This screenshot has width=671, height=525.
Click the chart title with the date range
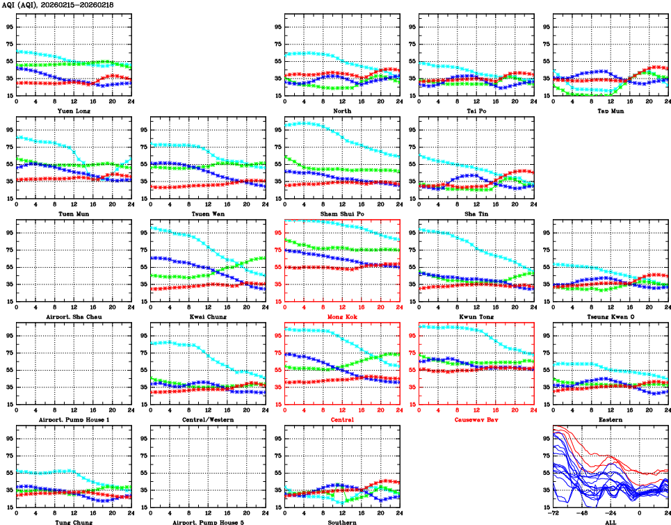point(58,5)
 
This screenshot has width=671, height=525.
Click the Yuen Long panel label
point(74,111)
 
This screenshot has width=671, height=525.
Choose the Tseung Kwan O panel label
point(610,316)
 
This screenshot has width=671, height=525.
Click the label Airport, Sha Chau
point(74,316)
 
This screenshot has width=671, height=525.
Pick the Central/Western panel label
point(207,420)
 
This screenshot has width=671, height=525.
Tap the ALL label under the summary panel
point(610,522)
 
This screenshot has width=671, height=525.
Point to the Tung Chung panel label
point(74,522)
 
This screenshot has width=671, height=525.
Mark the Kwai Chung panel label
point(207,316)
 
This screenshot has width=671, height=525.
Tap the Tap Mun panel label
point(610,111)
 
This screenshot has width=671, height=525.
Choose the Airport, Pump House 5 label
point(207,522)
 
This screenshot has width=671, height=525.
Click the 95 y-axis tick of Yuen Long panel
point(9,26)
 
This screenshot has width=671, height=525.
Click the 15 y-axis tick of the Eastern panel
point(547,404)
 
